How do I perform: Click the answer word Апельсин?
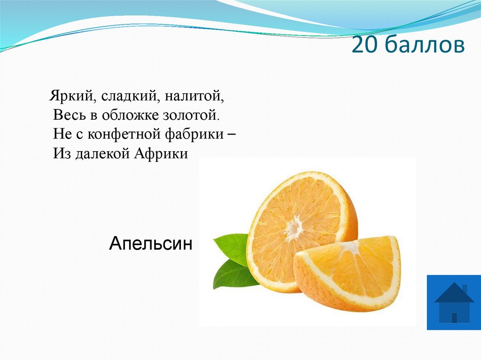[151, 244]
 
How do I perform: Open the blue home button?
[453, 302]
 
